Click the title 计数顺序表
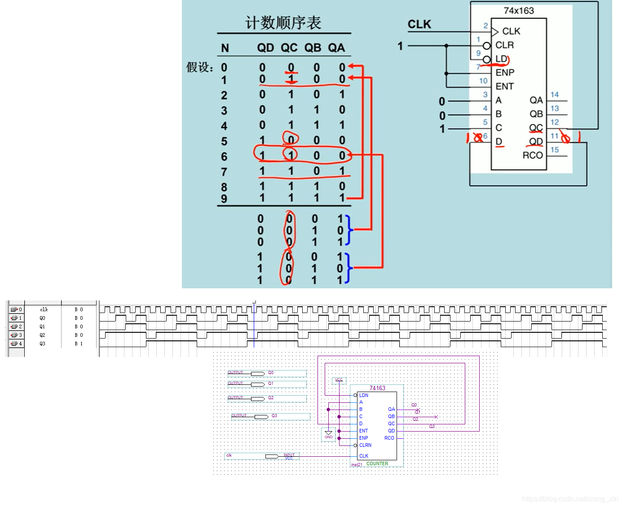click(x=283, y=22)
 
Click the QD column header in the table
click(x=265, y=48)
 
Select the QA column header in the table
click(x=336, y=48)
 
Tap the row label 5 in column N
click(x=224, y=141)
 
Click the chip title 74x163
click(x=519, y=10)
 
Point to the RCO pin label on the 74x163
click(x=533, y=155)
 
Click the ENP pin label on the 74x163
click(x=505, y=73)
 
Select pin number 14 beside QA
click(x=555, y=95)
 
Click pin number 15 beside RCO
click(x=555, y=150)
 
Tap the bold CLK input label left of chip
click(x=419, y=24)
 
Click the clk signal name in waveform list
click(x=44, y=309)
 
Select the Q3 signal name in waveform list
click(x=42, y=344)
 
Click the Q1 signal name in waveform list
click(x=42, y=326)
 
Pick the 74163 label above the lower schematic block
click(x=377, y=388)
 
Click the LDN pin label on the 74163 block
click(x=364, y=395)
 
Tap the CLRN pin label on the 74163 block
click(x=365, y=445)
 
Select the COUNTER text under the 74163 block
click(x=377, y=463)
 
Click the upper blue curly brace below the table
click(x=348, y=230)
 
